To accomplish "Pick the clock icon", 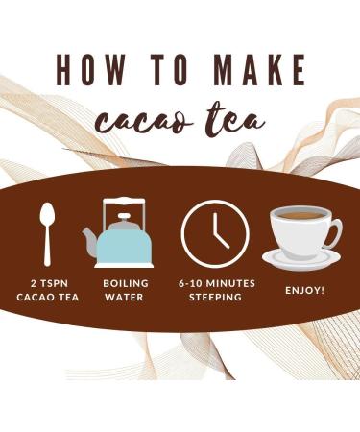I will pos(215,234).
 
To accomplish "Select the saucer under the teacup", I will pos(301,260).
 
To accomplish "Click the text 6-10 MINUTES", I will pos(215,285).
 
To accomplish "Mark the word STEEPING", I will pos(215,299).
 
